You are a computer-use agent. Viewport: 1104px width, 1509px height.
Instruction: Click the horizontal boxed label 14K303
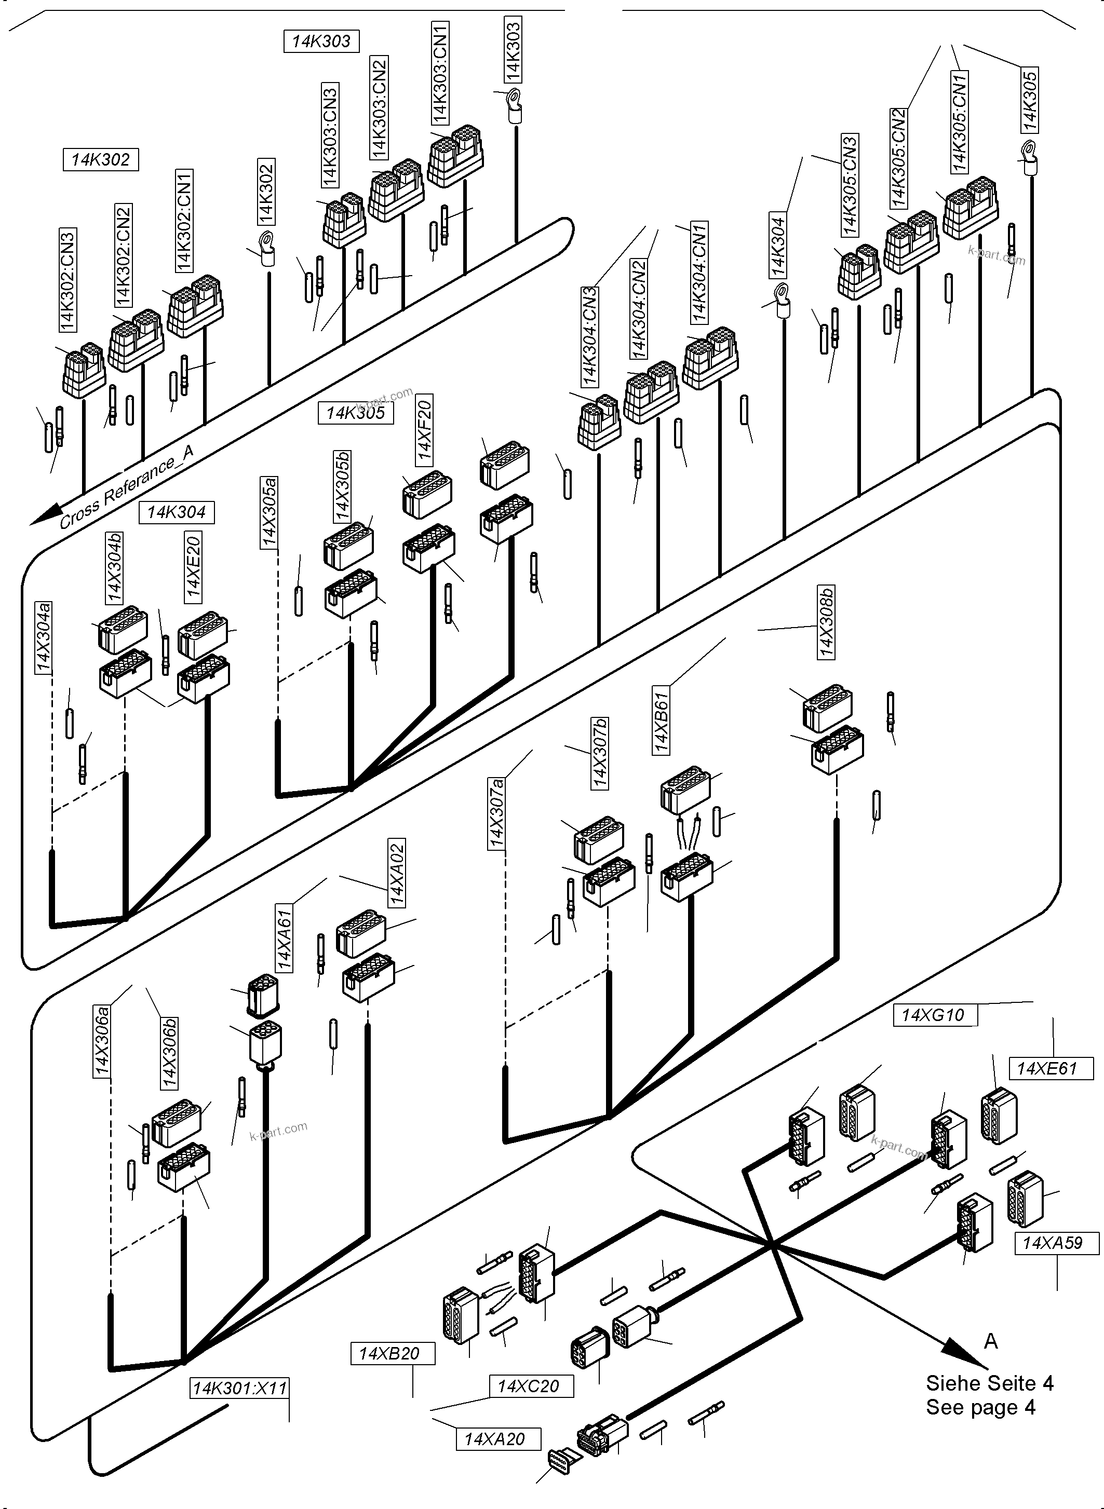321,42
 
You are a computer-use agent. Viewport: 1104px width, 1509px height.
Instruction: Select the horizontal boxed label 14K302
100,160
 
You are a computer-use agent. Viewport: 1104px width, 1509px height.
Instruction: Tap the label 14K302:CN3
68,280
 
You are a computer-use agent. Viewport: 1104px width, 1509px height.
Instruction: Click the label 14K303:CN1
440,72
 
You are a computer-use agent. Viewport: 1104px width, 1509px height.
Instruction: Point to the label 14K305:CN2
898,158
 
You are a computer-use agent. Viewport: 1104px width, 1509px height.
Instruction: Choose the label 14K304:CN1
699,273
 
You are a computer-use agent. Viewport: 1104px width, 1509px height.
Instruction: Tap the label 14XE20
193,566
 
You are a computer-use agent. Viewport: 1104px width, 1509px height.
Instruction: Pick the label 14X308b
827,622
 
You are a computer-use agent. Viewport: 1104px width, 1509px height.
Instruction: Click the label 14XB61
661,723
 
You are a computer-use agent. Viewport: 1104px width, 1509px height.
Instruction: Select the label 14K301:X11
239,1389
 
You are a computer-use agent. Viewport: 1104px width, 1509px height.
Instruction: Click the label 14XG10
934,1015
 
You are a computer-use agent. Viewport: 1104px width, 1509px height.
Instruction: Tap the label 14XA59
1053,1243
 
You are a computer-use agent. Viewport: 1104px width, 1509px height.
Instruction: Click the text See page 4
980,1407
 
